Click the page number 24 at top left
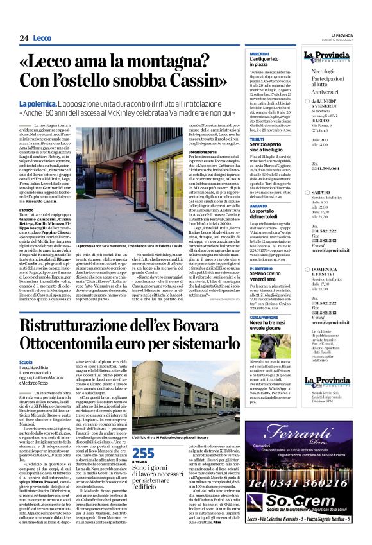(24, 38)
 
